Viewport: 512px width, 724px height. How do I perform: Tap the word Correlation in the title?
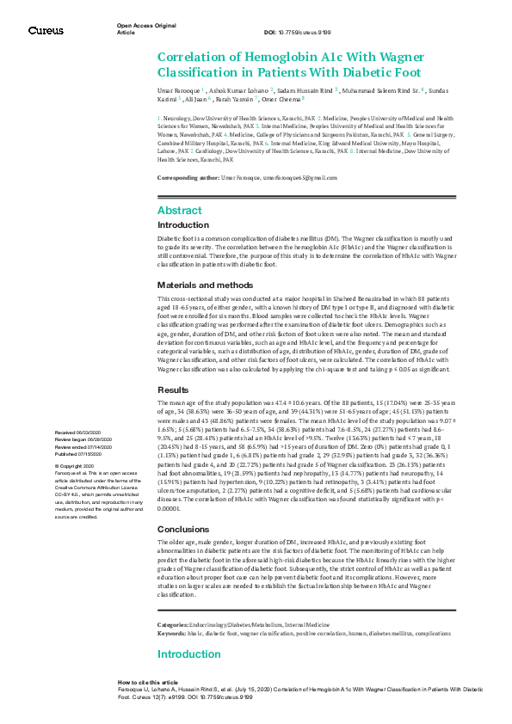[x=194, y=57]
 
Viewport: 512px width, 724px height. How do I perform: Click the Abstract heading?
[x=180, y=210]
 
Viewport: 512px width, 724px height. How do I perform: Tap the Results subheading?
[x=174, y=389]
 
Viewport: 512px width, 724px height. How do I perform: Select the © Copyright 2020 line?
[x=75, y=465]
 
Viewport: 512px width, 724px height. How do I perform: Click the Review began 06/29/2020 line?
[x=80, y=438]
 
